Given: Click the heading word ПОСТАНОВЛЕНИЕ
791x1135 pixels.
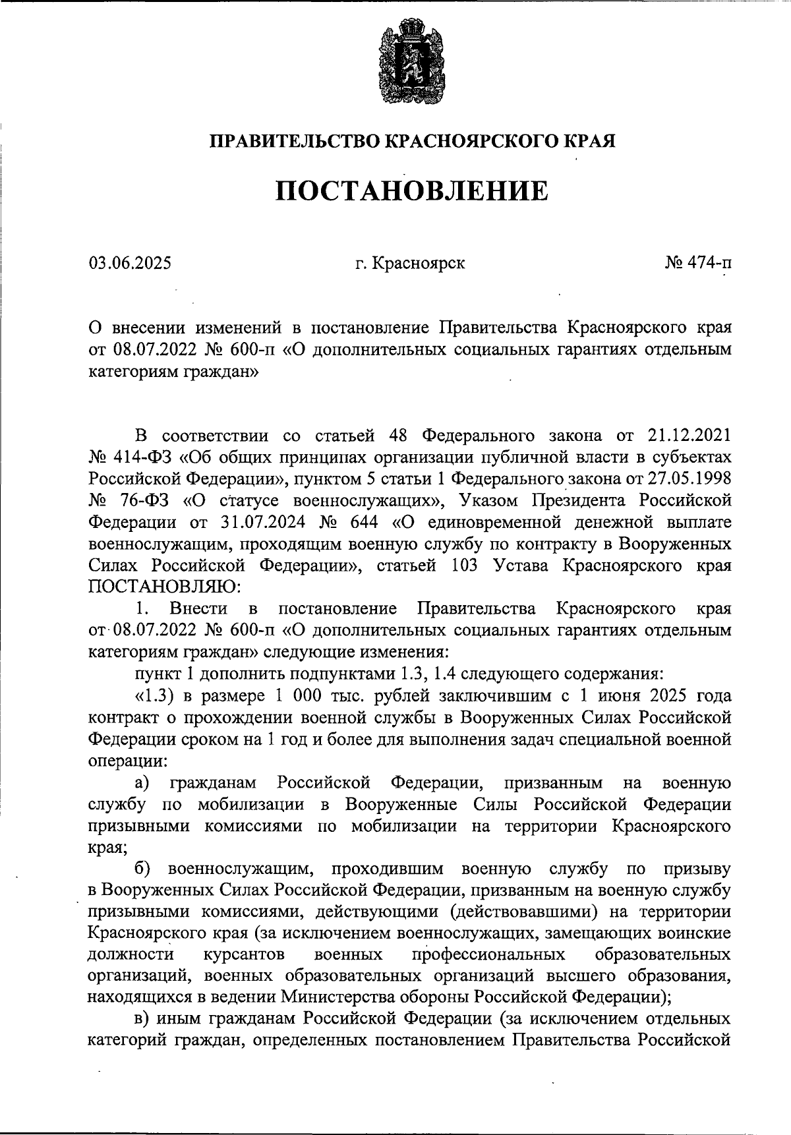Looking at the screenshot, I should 411,190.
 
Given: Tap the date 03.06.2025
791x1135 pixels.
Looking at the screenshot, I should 130,263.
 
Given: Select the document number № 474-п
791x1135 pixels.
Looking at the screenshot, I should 697,263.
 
